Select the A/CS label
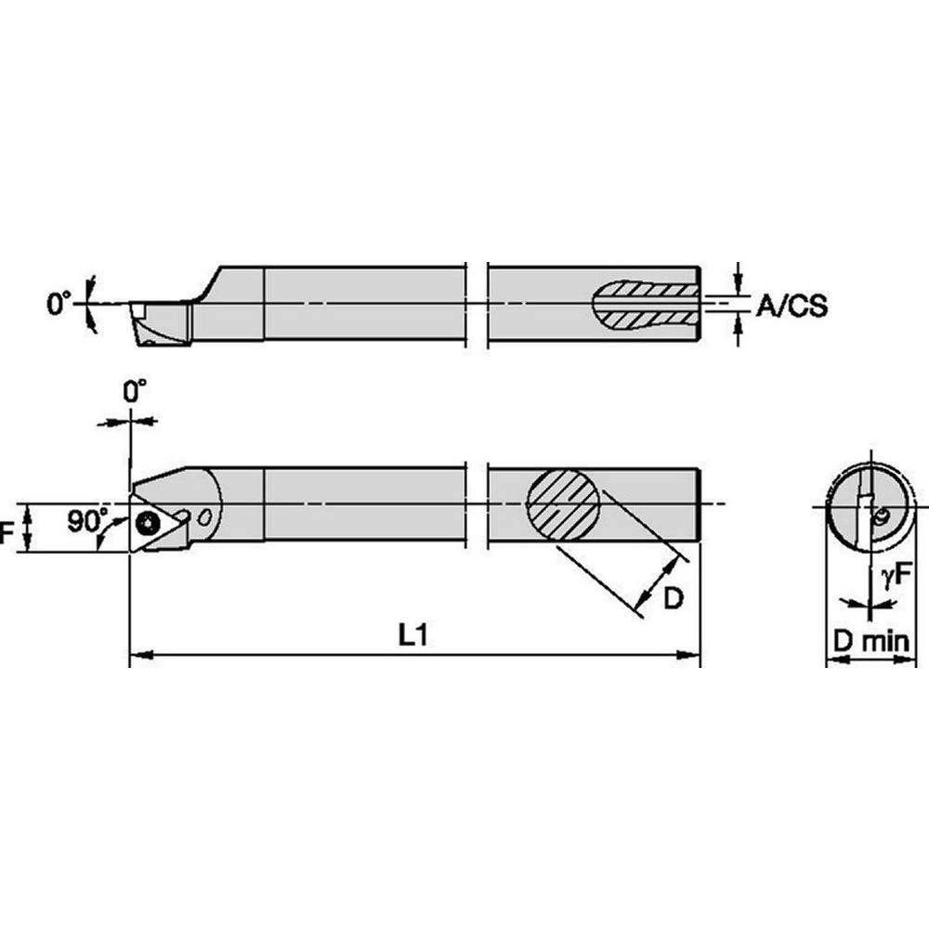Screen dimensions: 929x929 click(790, 306)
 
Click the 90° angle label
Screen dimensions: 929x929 click(86, 520)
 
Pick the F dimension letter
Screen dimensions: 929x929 click(8, 531)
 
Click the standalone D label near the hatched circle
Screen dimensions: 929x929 click(673, 599)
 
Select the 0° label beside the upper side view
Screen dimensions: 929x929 click(59, 303)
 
